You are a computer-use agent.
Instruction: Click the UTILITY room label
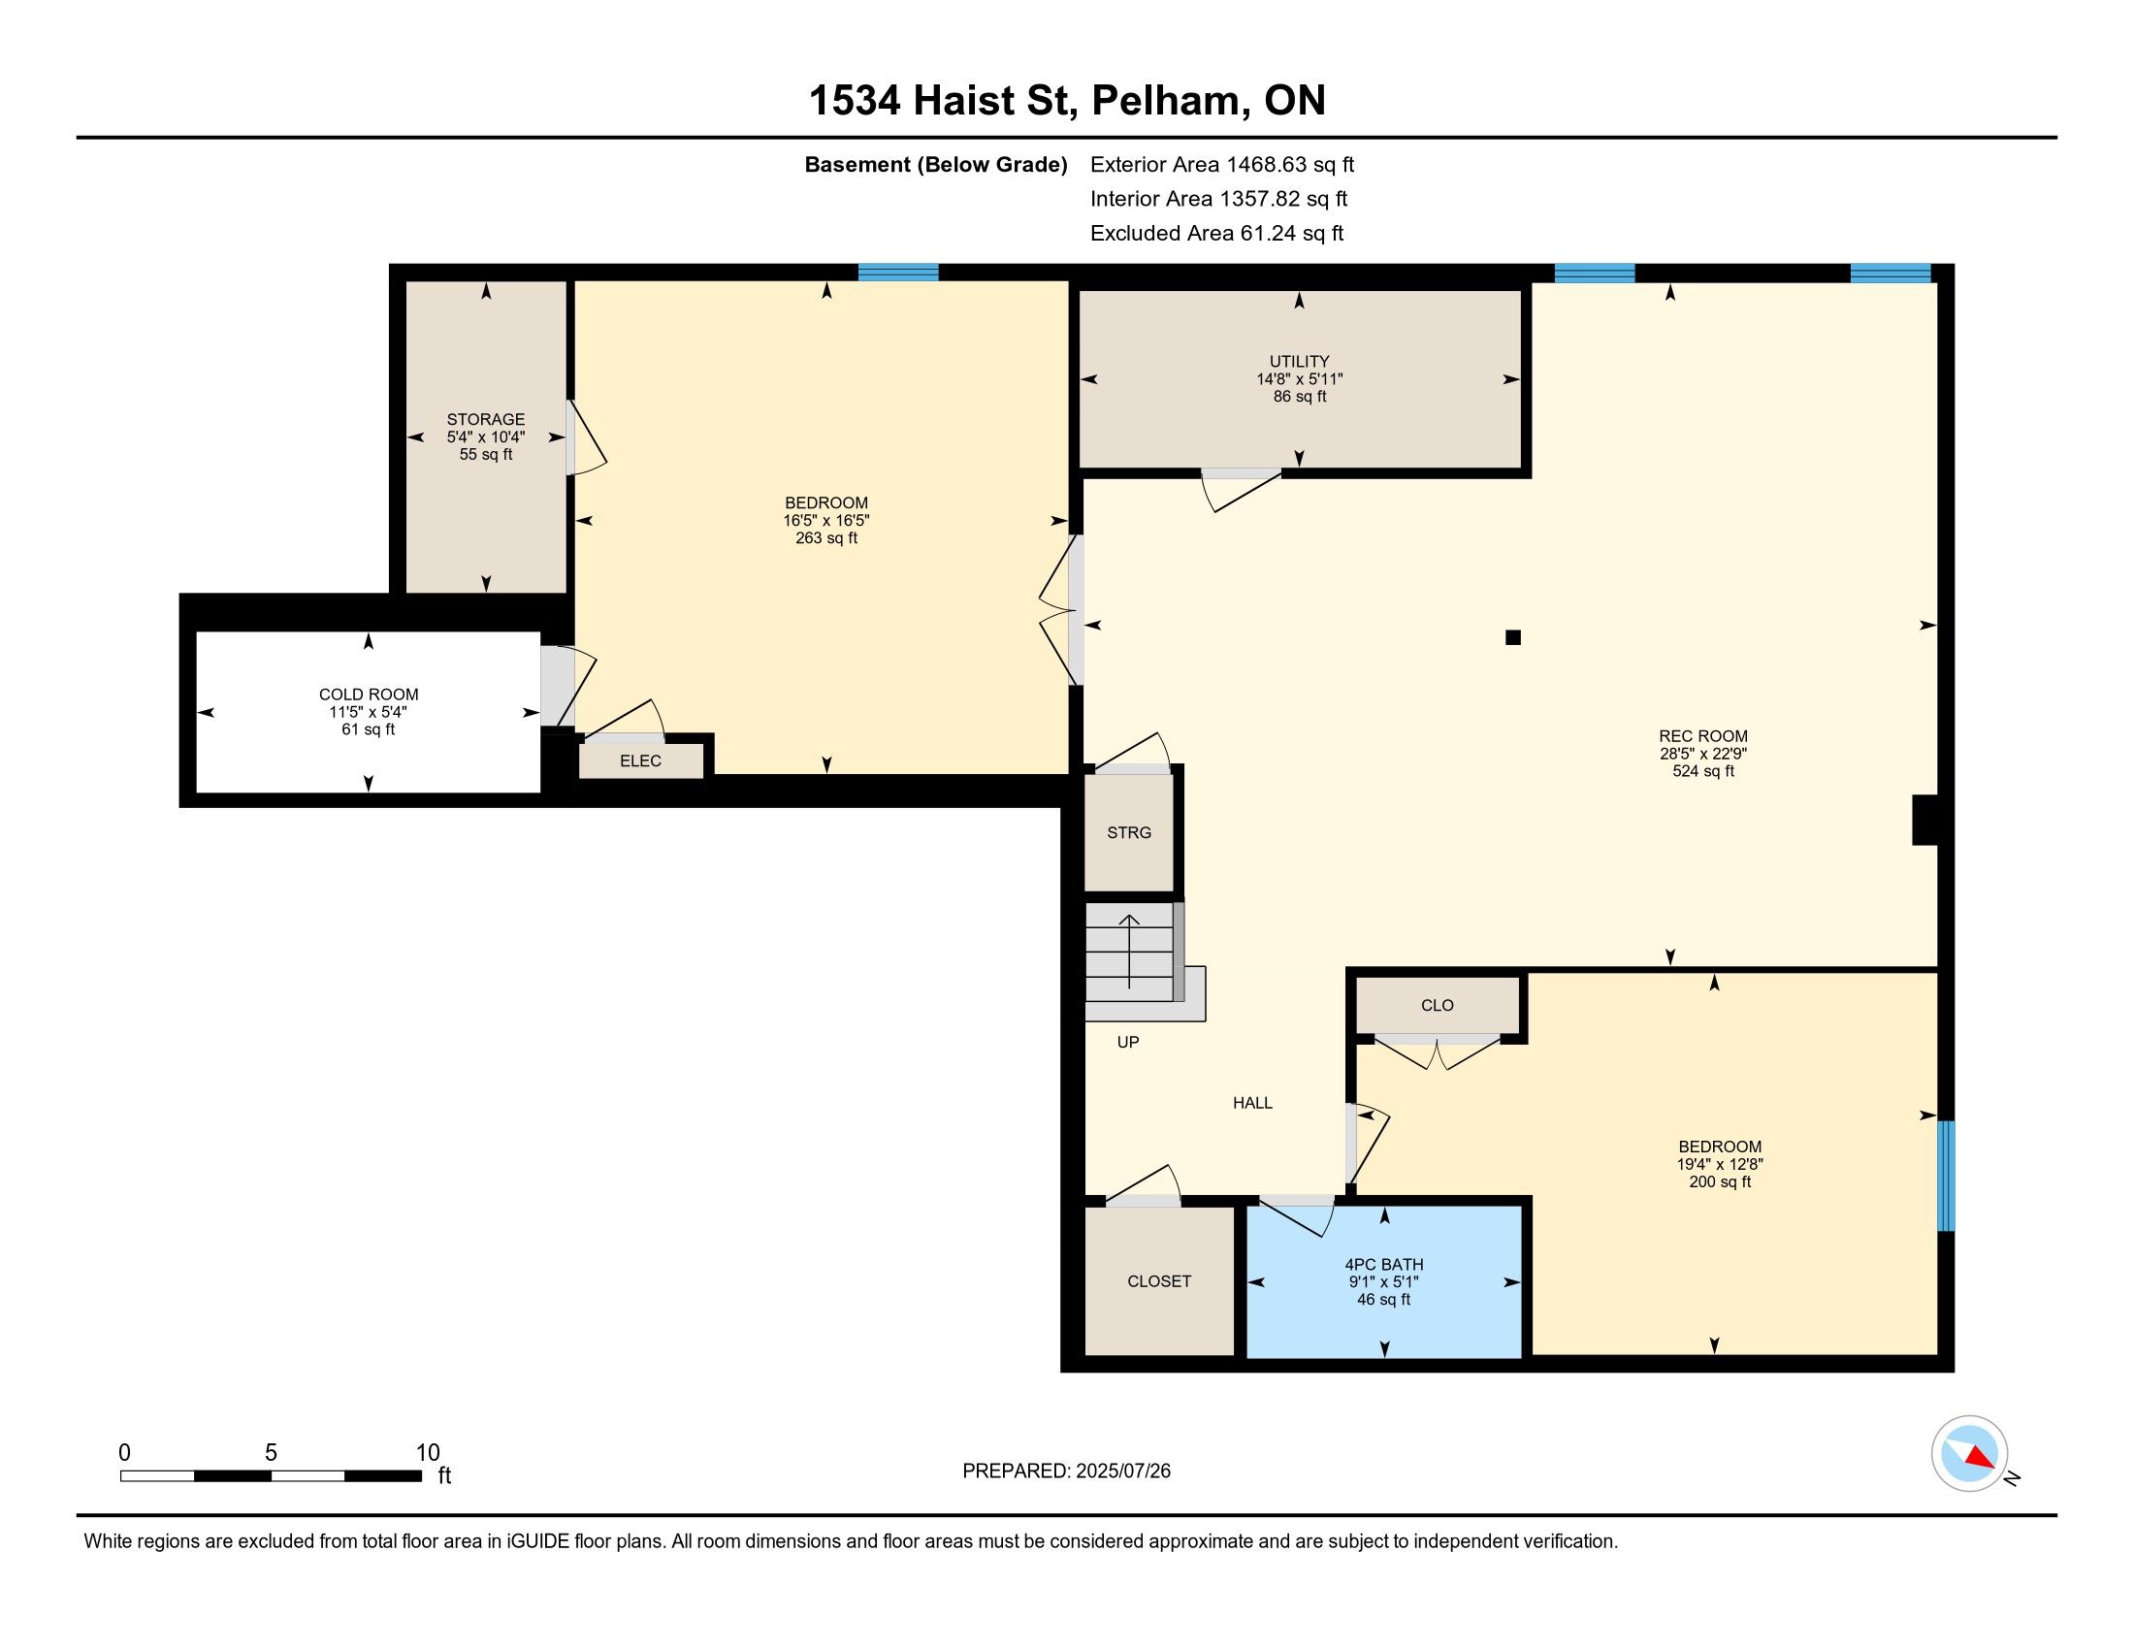[1299, 362]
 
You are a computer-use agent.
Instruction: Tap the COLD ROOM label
[369, 695]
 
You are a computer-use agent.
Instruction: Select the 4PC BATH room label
[1383, 1264]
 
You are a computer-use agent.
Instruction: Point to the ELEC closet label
[640, 761]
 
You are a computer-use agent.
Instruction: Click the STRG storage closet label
[1128, 832]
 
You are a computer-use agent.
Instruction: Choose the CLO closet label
[1438, 1005]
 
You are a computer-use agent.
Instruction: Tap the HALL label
[1252, 1103]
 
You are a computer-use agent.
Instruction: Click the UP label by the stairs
[1127, 1043]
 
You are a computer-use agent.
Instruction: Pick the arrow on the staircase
[1129, 952]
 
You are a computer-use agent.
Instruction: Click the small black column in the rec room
[1512, 638]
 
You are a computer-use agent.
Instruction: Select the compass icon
[1969, 1453]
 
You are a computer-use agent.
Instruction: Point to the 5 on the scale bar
[271, 1453]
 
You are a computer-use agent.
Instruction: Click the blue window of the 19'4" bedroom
[1946, 1176]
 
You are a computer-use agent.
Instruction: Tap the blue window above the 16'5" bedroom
[898, 273]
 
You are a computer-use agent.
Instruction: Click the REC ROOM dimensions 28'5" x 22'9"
[1703, 754]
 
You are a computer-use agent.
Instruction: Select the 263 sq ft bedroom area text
[826, 538]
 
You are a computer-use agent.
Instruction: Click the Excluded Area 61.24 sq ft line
[1216, 234]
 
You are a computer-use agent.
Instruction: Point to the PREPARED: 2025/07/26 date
[1066, 1471]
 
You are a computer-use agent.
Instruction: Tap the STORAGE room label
[486, 419]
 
